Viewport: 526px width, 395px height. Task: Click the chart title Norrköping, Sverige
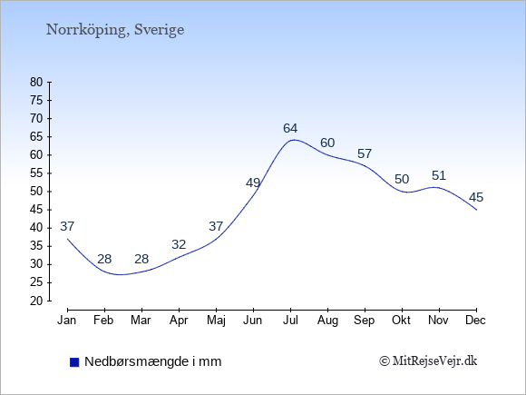click(115, 30)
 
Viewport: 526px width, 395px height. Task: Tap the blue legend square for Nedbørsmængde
click(74, 362)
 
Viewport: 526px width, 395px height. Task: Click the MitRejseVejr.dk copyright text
click(428, 361)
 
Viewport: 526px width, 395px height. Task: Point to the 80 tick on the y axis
click(36, 82)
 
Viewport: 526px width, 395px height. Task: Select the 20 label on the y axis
click(36, 301)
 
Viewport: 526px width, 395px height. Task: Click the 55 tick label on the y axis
click(36, 173)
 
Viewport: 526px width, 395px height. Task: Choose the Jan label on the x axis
click(67, 321)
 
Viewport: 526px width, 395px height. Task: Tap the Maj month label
click(216, 321)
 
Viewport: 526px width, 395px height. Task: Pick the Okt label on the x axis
click(402, 321)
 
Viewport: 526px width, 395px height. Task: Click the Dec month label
click(476, 321)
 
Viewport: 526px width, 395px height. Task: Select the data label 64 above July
click(290, 128)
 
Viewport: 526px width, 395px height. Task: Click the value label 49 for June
click(253, 183)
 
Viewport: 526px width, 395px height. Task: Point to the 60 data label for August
click(327, 143)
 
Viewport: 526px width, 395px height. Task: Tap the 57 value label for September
click(365, 154)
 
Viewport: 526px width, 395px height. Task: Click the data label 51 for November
click(439, 175)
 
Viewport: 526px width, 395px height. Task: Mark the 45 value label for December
click(476, 198)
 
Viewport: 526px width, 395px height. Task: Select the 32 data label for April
click(179, 244)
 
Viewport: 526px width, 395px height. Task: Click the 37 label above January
click(67, 227)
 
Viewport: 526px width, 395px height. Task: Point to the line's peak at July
click(294, 140)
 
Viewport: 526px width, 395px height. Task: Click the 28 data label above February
click(104, 260)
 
